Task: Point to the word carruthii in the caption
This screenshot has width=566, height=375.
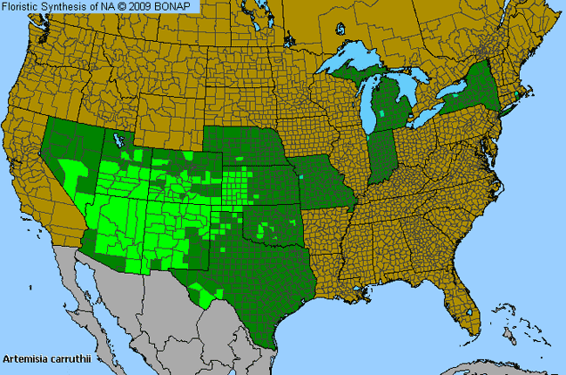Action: pyautogui.click(x=77, y=358)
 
